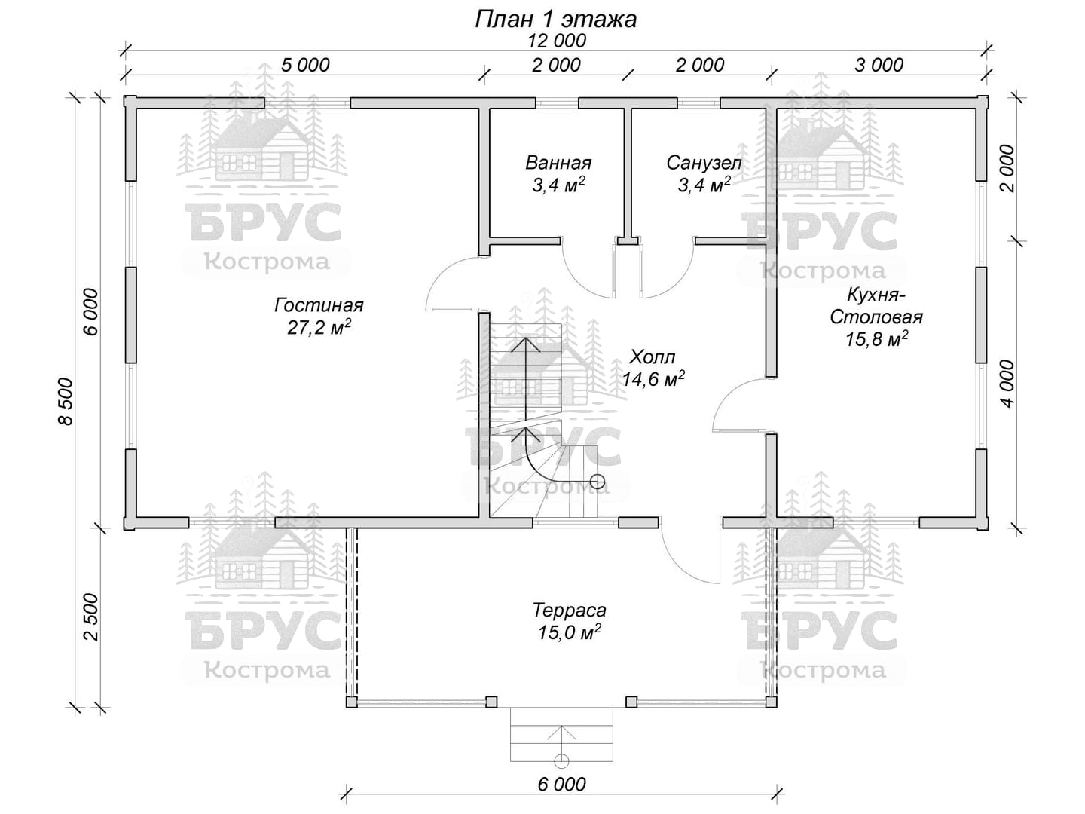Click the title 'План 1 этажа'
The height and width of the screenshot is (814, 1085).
[x=555, y=20]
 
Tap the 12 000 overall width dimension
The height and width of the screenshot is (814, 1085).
[x=556, y=41]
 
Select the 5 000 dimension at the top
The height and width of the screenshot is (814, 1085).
[x=305, y=65]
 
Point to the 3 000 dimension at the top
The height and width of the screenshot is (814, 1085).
[x=879, y=65]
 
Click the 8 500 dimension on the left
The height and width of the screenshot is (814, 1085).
[x=66, y=401]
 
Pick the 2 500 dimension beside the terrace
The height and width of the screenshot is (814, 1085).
[x=92, y=617]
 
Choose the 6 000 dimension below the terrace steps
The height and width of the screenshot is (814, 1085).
[x=561, y=785]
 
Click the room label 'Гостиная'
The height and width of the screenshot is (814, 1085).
[x=319, y=305]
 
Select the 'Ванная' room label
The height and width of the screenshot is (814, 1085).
[x=558, y=163]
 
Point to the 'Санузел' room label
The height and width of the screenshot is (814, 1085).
[x=704, y=163]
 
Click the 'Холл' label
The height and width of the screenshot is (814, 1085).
[x=652, y=357]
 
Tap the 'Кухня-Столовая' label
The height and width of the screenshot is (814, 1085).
[x=876, y=306]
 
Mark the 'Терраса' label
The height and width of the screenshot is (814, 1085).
[x=569, y=610]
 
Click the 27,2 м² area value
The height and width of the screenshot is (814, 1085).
[x=319, y=326]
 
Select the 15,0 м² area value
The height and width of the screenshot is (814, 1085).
[x=569, y=632]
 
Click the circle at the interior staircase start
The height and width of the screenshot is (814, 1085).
[x=597, y=481]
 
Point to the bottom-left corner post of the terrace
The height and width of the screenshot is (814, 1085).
[x=351, y=702]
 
